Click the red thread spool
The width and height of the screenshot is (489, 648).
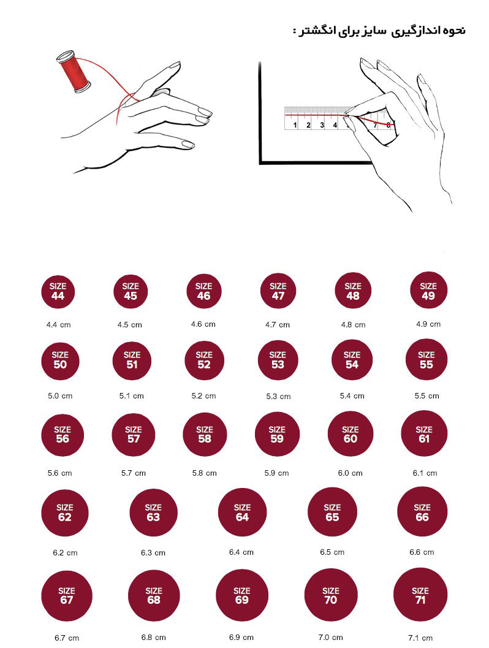point(73,72)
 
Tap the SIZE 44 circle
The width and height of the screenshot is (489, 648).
point(58,291)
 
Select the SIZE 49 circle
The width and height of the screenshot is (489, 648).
point(428,291)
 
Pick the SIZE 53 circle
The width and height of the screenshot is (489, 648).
point(278,360)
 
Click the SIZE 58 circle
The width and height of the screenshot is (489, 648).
point(205,434)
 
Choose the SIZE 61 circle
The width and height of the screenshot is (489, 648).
point(424,433)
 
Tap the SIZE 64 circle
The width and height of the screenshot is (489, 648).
point(242,512)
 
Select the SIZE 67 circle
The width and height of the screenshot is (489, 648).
point(67,595)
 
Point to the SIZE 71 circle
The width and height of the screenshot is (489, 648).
point(420,595)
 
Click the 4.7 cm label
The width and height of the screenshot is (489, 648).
point(277,325)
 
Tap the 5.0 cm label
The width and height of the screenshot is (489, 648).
point(60,396)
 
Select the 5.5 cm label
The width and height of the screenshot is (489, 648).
point(426,396)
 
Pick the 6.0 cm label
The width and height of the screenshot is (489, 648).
point(350,473)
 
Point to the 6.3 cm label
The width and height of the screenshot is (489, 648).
point(153,553)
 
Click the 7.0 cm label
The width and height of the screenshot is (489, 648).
point(330,637)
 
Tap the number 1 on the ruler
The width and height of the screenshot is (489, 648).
point(295,125)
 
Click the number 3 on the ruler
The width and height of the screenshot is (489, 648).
point(322,125)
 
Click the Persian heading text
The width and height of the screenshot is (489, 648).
point(379,31)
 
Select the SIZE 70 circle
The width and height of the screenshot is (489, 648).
point(330,595)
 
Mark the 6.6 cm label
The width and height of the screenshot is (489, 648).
point(422,552)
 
